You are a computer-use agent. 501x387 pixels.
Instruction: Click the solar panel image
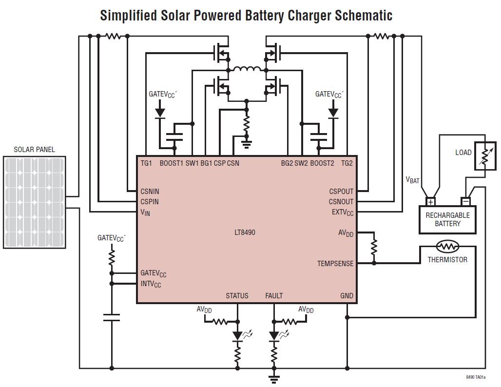(35, 202)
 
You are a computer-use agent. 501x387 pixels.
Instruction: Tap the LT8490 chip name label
(245, 232)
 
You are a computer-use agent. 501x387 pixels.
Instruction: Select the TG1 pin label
(146, 163)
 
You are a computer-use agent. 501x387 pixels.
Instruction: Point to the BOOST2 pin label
(322, 163)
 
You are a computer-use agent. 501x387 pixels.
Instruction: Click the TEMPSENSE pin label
(335, 264)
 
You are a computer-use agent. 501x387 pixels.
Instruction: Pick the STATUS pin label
(237, 295)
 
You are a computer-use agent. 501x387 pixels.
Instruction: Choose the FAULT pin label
(274, 295)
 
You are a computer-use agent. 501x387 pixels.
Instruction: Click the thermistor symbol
(447, 247)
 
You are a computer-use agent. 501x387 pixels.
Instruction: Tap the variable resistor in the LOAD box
(485, 155)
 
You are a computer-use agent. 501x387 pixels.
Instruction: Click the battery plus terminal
(431, 202)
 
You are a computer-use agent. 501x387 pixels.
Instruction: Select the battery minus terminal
(466, 202)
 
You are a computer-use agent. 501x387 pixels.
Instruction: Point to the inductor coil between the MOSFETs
(247, 68)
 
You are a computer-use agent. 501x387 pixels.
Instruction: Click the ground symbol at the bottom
(273, 379)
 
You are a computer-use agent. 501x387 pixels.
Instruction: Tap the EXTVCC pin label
(343, 213)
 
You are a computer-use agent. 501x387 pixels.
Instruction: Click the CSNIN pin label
(150, 192)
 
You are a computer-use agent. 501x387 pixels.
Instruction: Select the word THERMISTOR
(447, 259)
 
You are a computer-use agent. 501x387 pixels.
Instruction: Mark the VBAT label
(412, 180)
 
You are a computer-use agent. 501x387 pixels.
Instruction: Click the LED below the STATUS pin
(237, 336)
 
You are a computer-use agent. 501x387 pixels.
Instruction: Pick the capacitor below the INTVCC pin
(112, 317)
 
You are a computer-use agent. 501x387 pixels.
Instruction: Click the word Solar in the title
(174, 15)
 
